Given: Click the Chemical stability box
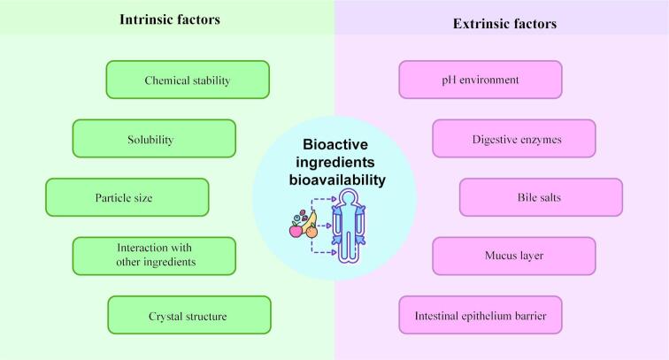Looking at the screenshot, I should pos(187,80).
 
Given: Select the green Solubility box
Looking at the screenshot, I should pos(154,139).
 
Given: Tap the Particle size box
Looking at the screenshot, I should pos(127,197).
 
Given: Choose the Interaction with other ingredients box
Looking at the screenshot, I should pos(154,255).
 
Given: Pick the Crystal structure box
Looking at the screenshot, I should pos(188,315).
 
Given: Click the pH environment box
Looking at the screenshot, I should pos(481,80).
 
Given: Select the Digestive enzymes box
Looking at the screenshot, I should pos(514,139).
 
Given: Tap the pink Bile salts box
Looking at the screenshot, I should pos(541,197).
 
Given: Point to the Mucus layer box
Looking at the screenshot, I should pos(514,256).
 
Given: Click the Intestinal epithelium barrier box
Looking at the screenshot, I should pos(481,315).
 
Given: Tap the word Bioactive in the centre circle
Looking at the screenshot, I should pos(334,144).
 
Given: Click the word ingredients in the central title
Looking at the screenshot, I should pos(334,163).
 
